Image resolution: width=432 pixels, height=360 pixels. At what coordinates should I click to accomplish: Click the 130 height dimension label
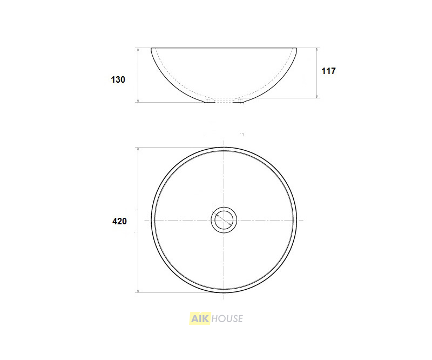point(118,79)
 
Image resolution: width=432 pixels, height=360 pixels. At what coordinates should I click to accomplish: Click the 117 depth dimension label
point(328,71)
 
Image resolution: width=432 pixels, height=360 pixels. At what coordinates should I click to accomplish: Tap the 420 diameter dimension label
point(119,221)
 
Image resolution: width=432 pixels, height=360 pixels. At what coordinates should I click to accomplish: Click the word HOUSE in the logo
point(227,318)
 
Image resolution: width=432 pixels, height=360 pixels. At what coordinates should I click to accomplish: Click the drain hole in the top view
point(224,220)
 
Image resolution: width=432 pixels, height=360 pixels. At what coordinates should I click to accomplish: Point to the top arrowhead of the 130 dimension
point(138,50)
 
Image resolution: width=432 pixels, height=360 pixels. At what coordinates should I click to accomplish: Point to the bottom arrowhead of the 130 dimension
point(138,101)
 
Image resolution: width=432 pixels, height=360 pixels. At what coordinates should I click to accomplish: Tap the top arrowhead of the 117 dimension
point(318,50)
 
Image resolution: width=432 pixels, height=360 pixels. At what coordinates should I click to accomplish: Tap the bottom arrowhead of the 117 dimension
point(318,96)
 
